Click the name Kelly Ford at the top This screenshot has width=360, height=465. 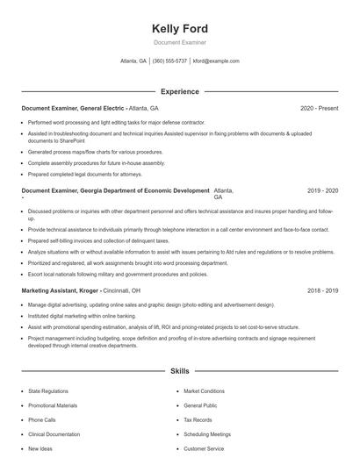[180, 29]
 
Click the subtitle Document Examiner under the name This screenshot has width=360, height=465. [180, 42]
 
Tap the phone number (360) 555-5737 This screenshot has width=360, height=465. [169, 61]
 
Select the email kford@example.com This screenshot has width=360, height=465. [216, 61]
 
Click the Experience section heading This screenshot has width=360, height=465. [180, 91]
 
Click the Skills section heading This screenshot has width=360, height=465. [180, 371]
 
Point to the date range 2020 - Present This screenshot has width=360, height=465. [319, 108]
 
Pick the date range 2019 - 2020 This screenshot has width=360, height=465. [323, 190]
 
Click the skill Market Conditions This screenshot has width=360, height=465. [205, 391]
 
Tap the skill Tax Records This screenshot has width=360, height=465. [198, 419]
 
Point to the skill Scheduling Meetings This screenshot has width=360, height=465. [207, 433]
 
